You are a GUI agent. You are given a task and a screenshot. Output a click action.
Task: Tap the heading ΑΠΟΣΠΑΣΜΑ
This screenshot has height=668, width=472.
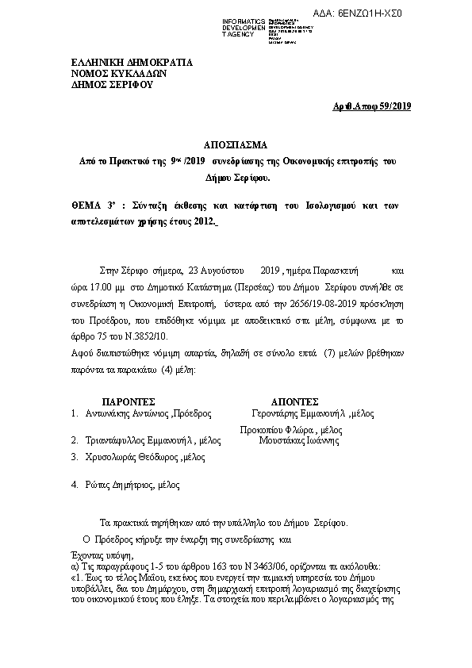pos(236,144)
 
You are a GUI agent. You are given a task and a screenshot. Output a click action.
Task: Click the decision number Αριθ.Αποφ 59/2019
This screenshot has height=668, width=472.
pos(370,106)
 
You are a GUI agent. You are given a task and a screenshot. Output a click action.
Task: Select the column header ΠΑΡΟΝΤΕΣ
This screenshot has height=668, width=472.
pos(129,401)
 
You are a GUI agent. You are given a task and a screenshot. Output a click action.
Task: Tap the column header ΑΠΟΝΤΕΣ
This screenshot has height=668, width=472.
pos(294,401)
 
